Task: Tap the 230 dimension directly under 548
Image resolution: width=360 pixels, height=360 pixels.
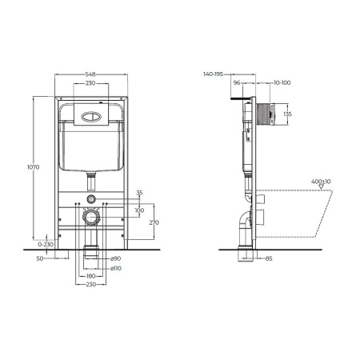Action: [x=91, y=83]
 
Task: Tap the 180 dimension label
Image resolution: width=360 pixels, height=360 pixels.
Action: [x=92, y=275]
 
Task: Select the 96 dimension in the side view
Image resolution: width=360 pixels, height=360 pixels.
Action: [x=238, y=82]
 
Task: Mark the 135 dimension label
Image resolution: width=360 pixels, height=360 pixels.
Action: [x=287, y=114]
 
